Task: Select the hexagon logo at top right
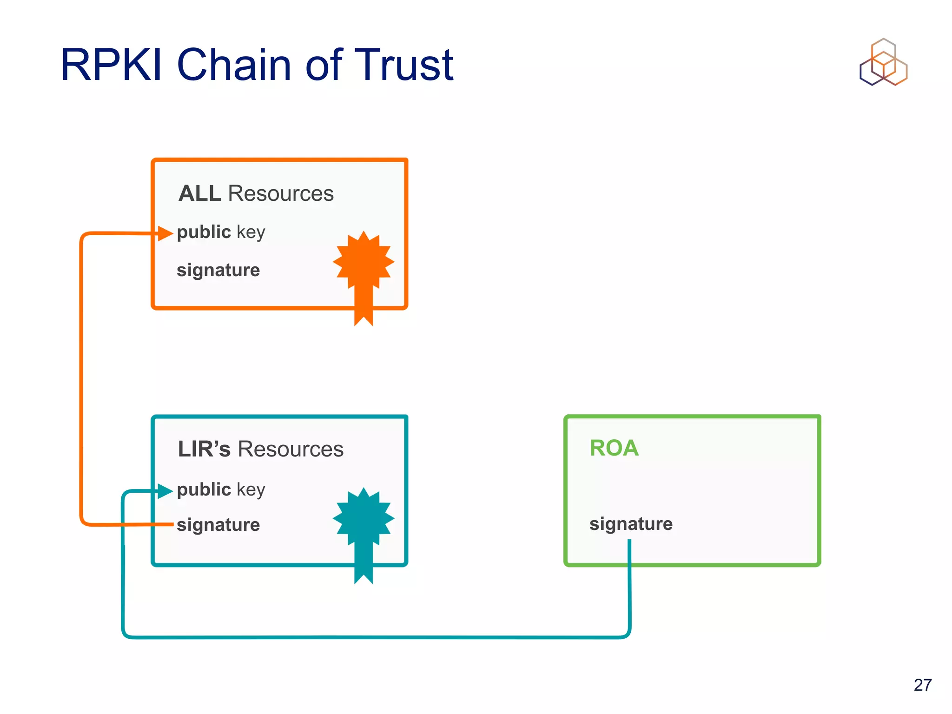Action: [883, 63]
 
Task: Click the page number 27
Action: [922, 685]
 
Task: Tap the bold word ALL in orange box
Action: [200, 193]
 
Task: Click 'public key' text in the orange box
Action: [221, 232]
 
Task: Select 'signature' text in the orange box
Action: [218, 270]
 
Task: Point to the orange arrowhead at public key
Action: [165, 233]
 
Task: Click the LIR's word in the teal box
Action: [204, 449]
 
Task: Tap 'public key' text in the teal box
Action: [221, 489]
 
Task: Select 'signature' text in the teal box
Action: [218, 525]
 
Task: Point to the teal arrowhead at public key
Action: [165, 491]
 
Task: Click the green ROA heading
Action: [614, 448]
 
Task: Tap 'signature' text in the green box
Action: [631, 524]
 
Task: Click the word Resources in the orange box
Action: [281, 193]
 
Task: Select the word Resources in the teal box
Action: [291, 449]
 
